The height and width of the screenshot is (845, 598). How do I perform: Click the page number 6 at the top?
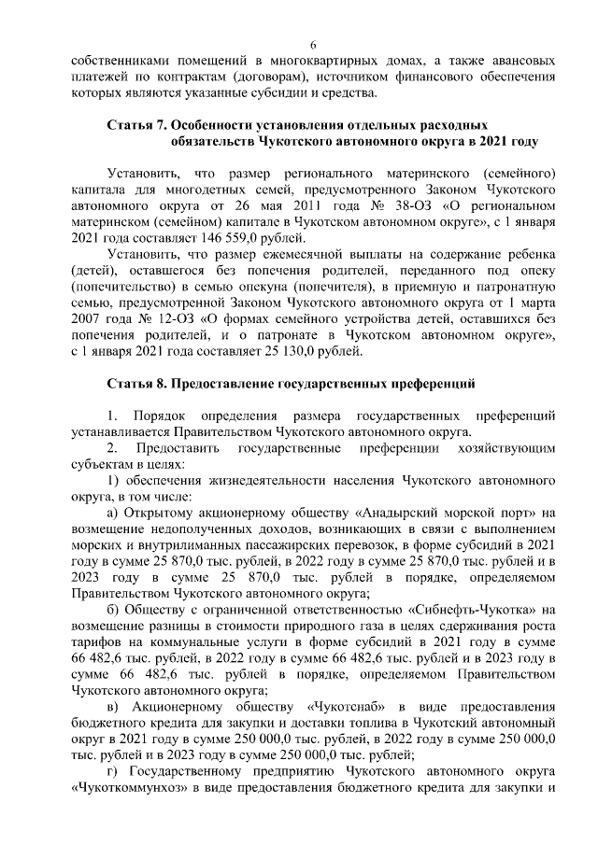tap(314, 44)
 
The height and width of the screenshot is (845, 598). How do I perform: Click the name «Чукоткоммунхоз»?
tap(122, 787)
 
